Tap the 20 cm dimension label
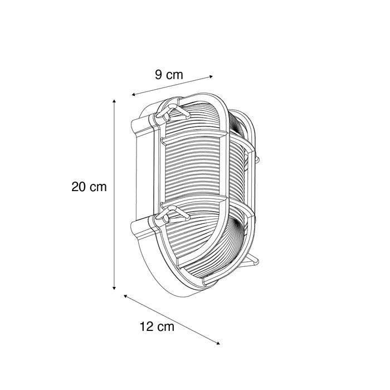click(89, 187)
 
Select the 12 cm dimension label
click(158, 327)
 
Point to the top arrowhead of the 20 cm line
click(114, 101)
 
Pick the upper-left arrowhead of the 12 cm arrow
click(125, 296)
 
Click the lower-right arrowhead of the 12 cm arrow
click(218, 343)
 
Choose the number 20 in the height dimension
click(79, 187)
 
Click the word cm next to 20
click(99, 187)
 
